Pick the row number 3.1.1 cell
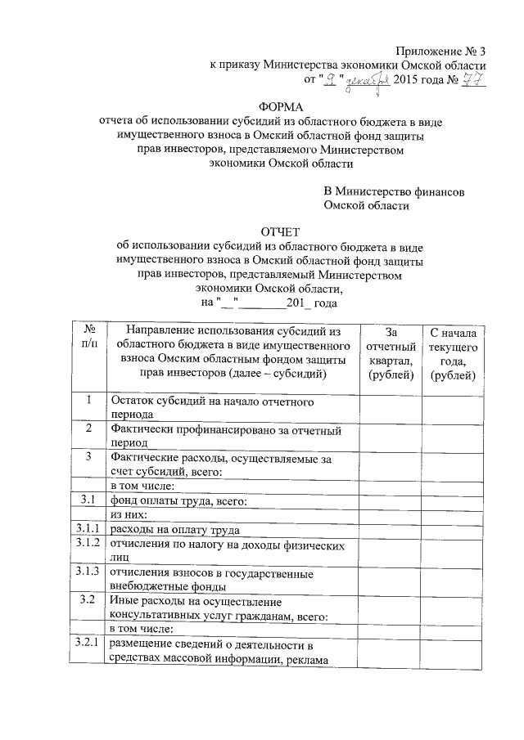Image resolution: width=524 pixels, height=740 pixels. point(88,529)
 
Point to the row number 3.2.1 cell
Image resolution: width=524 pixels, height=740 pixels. point(88,644)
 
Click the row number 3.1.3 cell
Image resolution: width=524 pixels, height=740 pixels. point(88,571)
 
